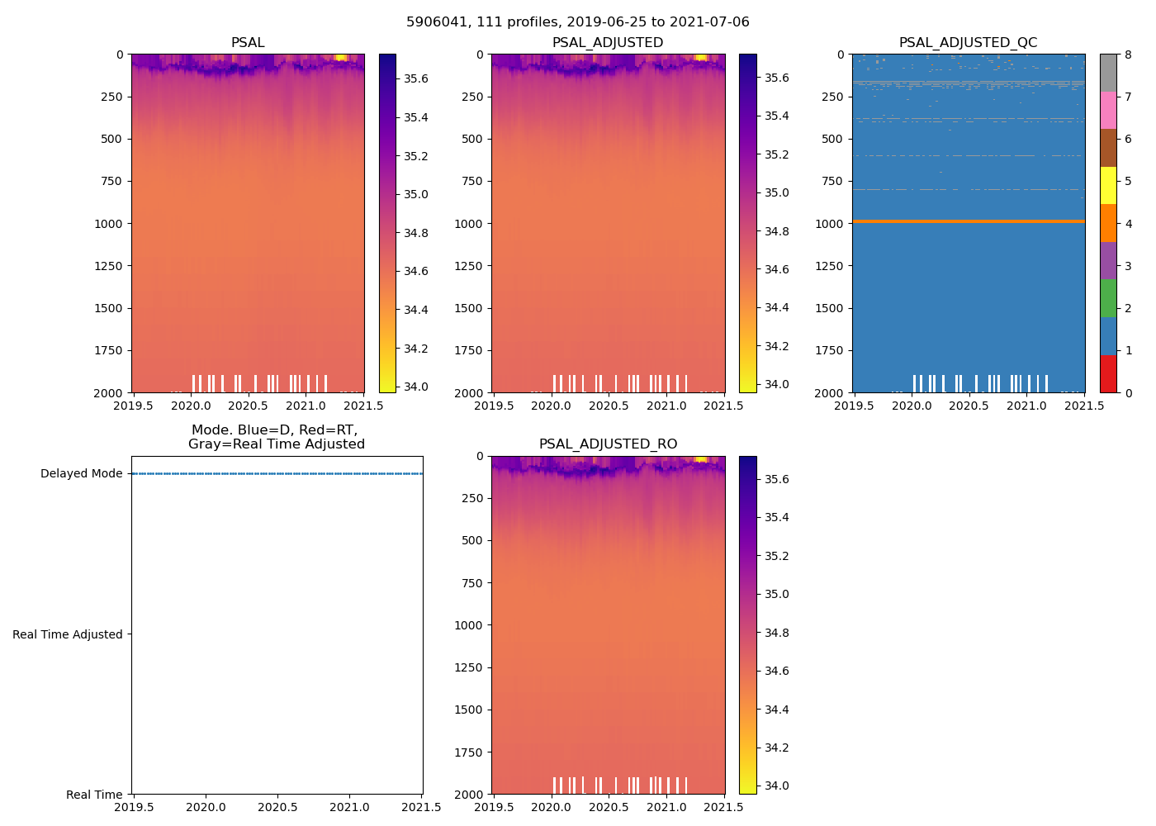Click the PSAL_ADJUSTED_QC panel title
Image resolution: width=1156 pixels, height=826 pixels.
pyautogui.click(x=968, y=43)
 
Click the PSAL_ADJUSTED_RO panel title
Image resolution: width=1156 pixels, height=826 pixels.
pyautogui.click(x=608, y=444)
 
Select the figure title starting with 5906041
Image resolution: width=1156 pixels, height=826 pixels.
pyautogui.click(x=578, y=22)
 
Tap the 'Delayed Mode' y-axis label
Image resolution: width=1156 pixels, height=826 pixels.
pyautogui.click(x=81, y=473)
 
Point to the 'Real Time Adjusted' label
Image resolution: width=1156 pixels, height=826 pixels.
pyautogui.click(x=68, y=634)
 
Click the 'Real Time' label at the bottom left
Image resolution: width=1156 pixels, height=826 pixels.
pyautogui.click(x=94, y=795)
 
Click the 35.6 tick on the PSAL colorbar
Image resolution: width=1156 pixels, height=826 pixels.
pyautogui.click(x=415, y=78)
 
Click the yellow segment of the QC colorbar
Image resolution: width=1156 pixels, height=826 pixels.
pyautogui.click(x=1108, y=186)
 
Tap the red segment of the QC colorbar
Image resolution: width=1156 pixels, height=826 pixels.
pyautogui.click(x=1108, y=373)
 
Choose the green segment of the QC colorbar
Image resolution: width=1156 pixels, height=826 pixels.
pyautogui.click(x=1108, y=298)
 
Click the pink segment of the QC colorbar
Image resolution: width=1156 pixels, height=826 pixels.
pyautogui.click(x=1108, y=111)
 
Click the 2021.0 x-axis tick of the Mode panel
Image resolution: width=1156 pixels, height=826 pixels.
pyautogui.click(x=350, y=807)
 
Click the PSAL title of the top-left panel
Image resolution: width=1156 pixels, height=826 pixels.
pyautogui.click(x=248, y=43)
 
